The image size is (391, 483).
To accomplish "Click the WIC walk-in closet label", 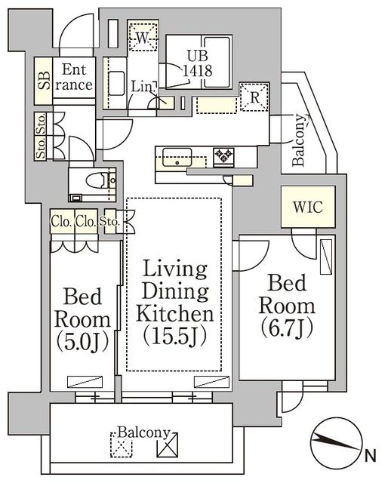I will coord(307,207).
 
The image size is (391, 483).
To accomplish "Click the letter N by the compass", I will coord(370,455).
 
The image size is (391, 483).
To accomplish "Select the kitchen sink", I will coord(180,160).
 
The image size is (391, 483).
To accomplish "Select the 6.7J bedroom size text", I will coord(288,328).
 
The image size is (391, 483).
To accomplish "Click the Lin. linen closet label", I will coord(142,88).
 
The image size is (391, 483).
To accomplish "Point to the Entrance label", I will coord(76,76).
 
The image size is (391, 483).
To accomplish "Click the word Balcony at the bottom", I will coord(143,434).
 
